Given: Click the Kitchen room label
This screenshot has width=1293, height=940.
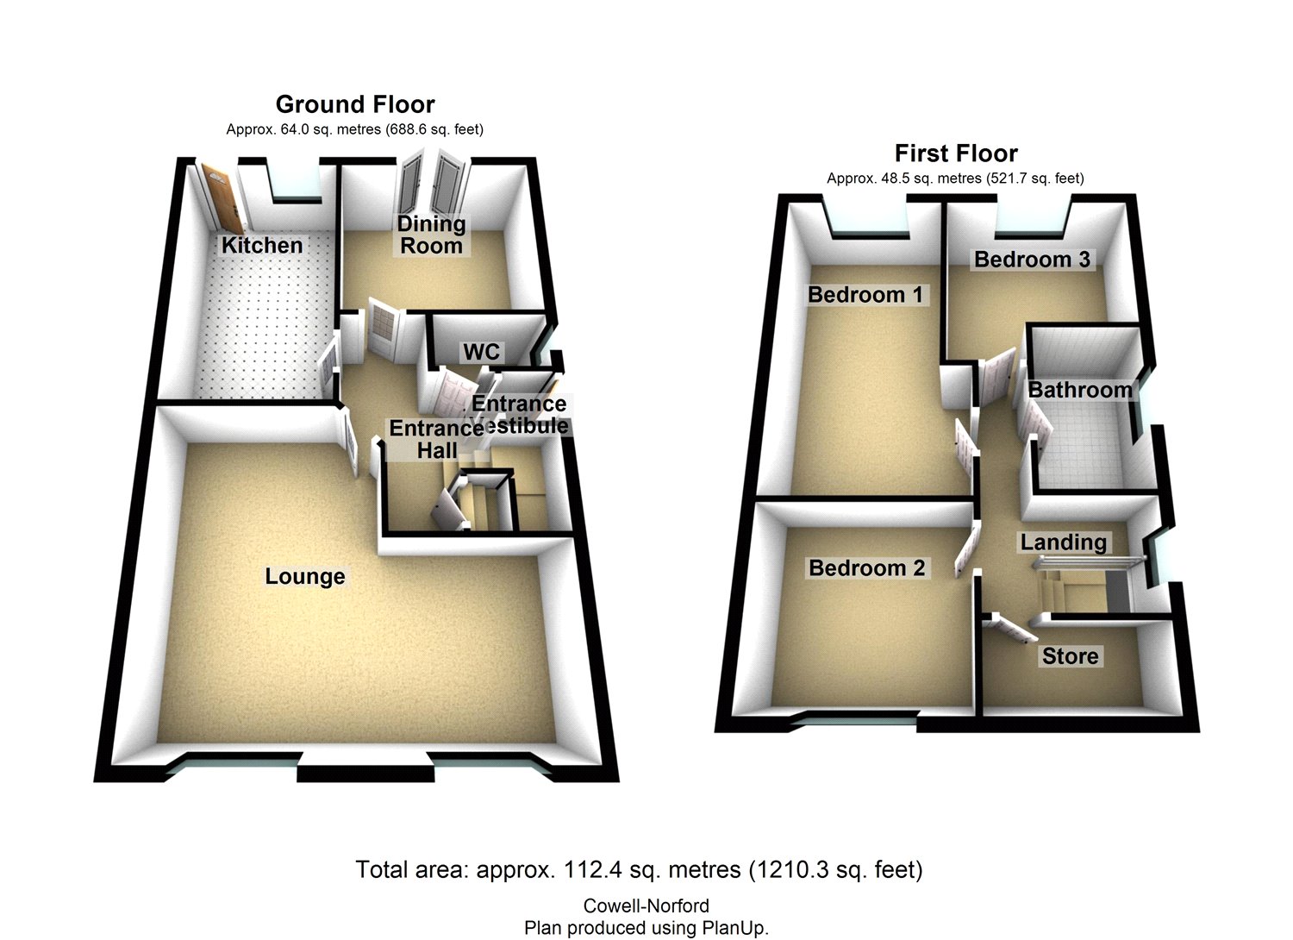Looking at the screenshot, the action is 262,245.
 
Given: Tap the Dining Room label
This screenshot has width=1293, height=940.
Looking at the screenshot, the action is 431,235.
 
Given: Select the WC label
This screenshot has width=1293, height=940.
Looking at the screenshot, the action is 481,352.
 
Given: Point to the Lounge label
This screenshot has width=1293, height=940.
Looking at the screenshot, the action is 305,576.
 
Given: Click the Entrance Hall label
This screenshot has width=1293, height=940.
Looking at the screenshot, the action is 435,439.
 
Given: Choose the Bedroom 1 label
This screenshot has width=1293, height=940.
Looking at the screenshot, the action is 865,295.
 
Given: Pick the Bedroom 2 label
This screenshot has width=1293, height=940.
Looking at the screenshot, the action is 866,567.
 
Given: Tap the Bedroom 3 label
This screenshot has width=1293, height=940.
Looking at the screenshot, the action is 1032,259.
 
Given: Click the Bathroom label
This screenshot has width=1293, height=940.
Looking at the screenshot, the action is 1079,390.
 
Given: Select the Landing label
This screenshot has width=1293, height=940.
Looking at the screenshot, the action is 1063,542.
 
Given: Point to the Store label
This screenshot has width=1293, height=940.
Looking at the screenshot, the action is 1070,656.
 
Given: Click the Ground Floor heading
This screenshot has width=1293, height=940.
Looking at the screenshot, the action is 355,104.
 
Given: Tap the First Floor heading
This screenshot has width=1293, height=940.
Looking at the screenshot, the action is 956,154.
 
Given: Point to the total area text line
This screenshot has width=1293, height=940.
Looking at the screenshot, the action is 639,869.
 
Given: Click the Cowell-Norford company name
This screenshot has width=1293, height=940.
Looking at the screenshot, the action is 646,906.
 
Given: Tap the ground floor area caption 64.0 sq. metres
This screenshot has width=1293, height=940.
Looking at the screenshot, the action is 354,129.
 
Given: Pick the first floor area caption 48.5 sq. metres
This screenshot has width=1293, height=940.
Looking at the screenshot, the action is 955,179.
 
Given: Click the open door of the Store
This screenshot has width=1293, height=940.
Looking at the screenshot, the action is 1012,629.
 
